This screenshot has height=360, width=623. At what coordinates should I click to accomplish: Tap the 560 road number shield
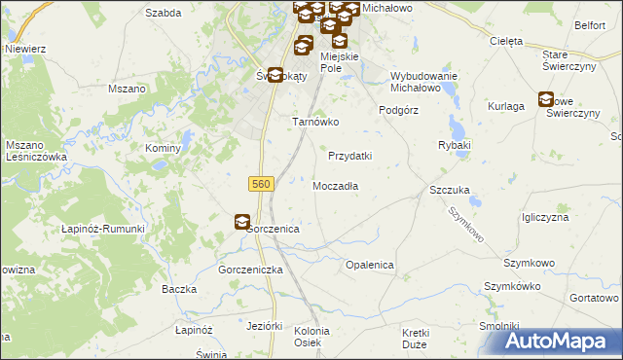[260, 184]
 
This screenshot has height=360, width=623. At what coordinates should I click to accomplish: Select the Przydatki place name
[350, 156]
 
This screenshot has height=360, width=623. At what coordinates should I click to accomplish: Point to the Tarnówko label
[315, 123]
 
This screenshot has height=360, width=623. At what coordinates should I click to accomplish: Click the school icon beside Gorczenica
[241, 222]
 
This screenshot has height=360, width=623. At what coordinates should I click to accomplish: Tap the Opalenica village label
[369, 265]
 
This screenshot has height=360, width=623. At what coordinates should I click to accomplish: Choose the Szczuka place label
[451, 191]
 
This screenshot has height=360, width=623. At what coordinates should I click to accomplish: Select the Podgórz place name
[398, 110]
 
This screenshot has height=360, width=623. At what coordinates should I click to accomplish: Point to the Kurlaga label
[506, 106]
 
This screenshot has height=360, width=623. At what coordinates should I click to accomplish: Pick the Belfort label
[590, 25]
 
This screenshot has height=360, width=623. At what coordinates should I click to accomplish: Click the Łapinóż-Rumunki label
[102, 229]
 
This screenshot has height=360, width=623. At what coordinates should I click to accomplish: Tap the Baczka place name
[180, 290]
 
